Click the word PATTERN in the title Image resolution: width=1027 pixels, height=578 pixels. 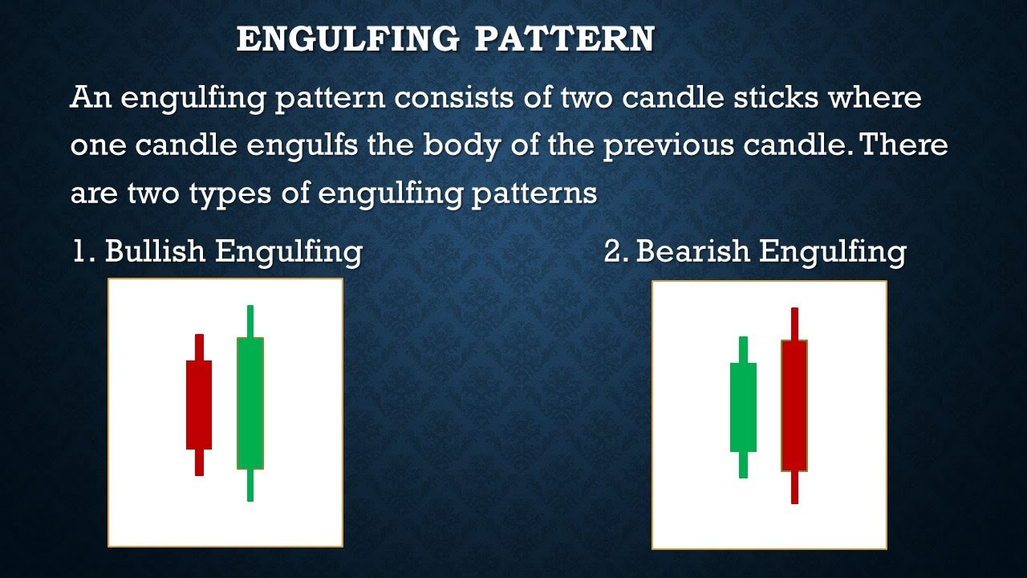tap(563, 39)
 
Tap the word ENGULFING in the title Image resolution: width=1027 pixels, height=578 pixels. tap(347, 39)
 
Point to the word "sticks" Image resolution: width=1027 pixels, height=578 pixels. tap(777, 98)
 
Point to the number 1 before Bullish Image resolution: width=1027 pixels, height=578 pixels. tap(80, 252)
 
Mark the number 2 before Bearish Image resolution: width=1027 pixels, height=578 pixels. tap(614, 252)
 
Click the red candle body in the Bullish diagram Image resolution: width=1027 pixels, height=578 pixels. tap(199, 405)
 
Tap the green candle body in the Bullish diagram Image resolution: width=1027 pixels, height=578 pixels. tap(250, 403)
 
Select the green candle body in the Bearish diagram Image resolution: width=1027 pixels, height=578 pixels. tap(743, 407)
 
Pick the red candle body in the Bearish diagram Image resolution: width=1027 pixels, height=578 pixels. tap(794, 405)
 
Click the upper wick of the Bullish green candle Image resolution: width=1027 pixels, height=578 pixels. tap(250, 321)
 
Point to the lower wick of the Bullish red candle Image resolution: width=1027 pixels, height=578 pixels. tap(199, 462)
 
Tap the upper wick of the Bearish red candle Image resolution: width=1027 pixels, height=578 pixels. tap(794, 324)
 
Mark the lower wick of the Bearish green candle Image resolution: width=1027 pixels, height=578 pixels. tap(743, 465)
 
